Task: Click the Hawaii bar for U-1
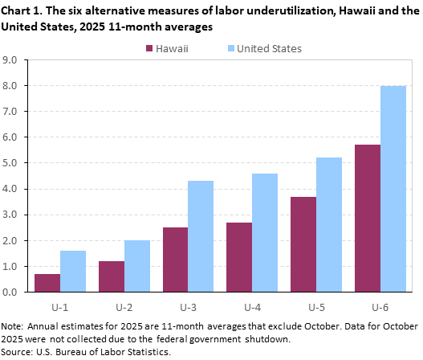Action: click(47, 283)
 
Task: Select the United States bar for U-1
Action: click(73, 271)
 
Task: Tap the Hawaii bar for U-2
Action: click(112, 276)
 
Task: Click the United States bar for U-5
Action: click(329, 224)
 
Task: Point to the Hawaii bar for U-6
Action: click(368, 218)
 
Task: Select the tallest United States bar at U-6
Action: click(393, 189)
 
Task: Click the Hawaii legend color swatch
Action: click(150, 49)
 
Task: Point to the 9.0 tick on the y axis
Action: click(11, 59)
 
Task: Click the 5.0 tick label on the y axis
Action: click(11, 163)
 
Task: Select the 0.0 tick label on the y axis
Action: click(11, 292)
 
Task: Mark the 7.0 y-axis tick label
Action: click(11, 112)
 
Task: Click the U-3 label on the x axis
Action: click(188, 306)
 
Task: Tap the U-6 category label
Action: click(380, 306)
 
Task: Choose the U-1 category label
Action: click(60, 306)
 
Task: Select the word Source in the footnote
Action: click(18, 351)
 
